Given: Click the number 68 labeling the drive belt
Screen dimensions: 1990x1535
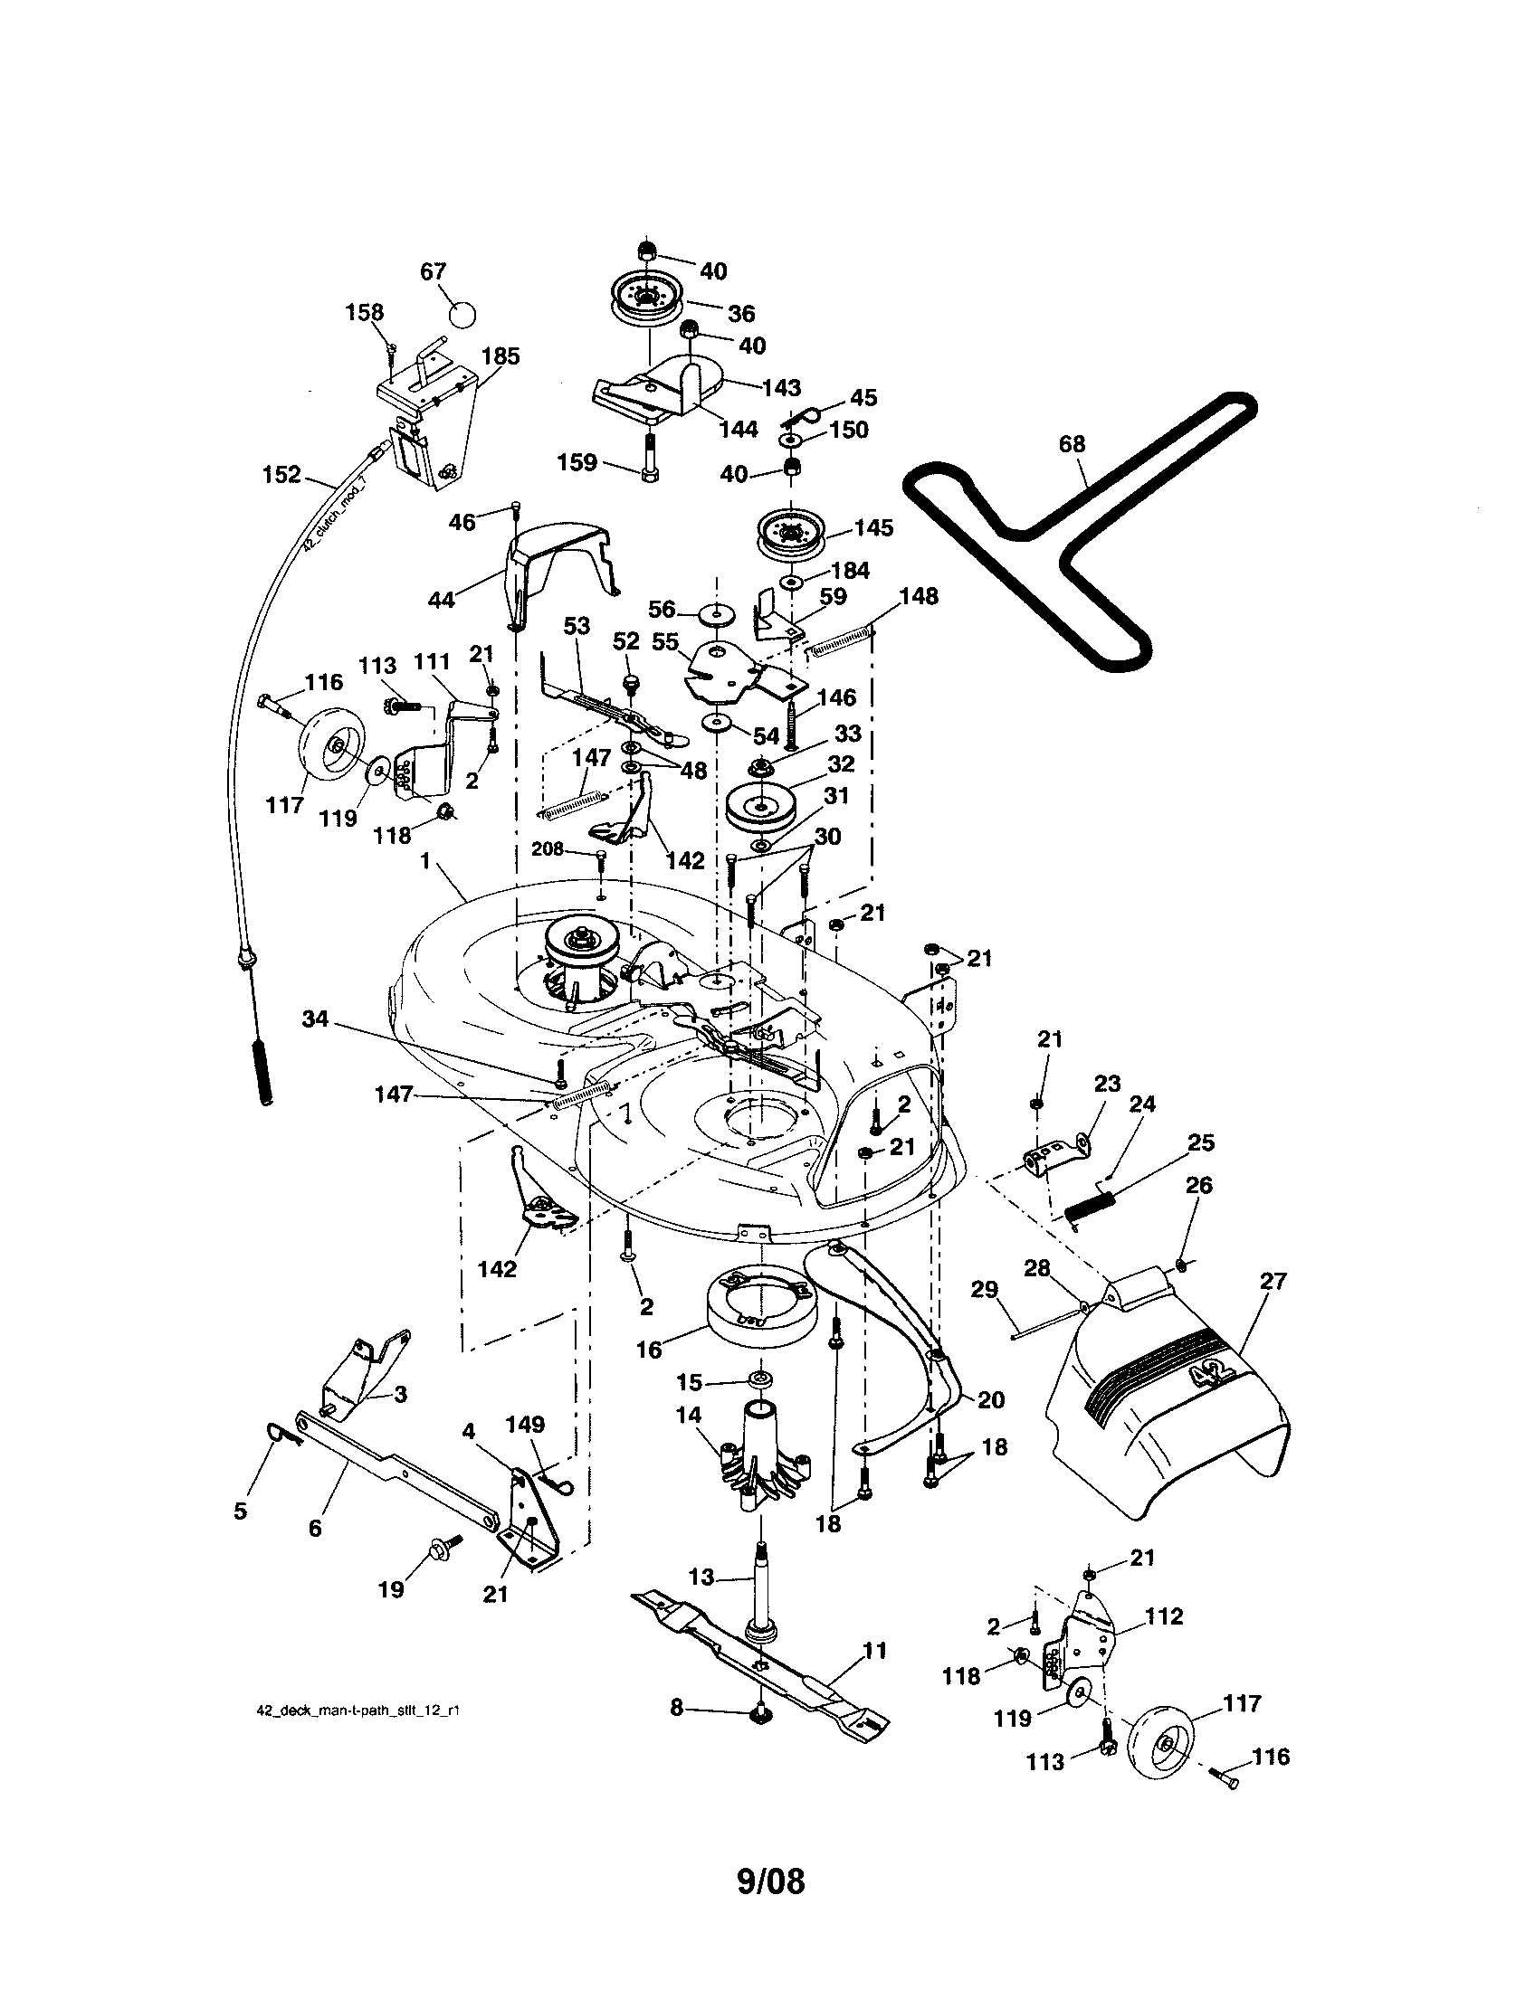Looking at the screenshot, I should pyautogui.click(x=1072, y=444).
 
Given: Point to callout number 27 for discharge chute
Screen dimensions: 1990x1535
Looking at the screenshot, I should pyautogui.click(x=1273, y=1281).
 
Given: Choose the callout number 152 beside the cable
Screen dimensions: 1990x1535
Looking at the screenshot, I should pyautogui.click(x=281, y=475).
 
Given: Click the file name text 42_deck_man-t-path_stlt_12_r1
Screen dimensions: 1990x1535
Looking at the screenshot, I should pyautogui.click(x=358, y=1710).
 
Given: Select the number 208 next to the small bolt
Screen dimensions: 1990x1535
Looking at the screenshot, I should pyautogui.click(x=548, y=849).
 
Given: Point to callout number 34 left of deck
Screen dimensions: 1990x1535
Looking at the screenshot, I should pyautogui.click(x=314, y=1019).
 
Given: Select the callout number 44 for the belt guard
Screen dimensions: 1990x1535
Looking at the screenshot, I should pyautogui.click(x=441, y=600).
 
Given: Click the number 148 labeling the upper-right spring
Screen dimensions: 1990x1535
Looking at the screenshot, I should pyautogui.click(x=918, y=596).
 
